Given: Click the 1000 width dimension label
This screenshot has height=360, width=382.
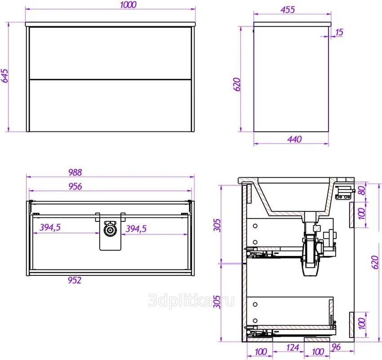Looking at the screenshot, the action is click(x=128, y=4).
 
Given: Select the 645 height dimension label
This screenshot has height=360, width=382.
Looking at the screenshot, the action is click(x=4, y=76).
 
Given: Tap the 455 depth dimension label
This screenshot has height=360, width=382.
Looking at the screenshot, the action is click(x=288, y=10).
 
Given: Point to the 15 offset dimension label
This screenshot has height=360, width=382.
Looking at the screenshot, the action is click(x=339, y=32).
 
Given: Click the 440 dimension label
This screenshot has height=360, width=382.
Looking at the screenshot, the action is click(x=294, y=139).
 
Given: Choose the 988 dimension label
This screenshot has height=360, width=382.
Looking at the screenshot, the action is click(x=75, y=172).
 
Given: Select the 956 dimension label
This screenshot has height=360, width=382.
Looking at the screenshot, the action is click(x=75, y=186).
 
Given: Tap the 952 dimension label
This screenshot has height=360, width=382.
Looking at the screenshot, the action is click(x=75, y=280).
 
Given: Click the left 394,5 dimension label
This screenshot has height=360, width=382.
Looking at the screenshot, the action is click(x=50, y=227).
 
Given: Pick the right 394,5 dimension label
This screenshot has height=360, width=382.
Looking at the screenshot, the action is click(x=136, y=229).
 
